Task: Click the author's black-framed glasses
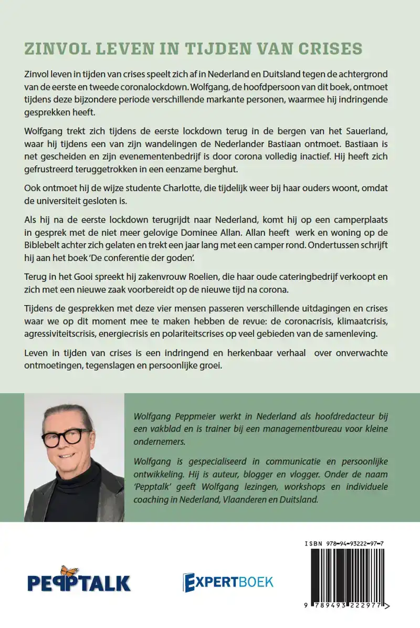[68, 437]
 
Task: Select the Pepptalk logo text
[79, 582]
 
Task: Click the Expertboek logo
[228, 581]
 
